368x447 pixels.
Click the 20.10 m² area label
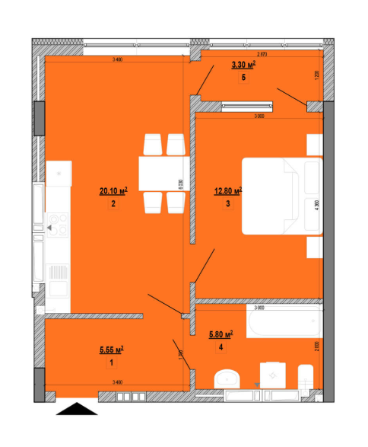coord(112,192)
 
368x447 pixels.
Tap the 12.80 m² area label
coord(227,191)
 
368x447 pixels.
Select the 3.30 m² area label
coord(243,66)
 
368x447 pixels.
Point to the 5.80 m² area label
coord(220,334)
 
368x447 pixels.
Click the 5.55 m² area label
coord(111,350)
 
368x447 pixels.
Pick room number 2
coord(112,204)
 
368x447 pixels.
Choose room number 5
coord(243,78)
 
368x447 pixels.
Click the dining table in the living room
coord(163,174)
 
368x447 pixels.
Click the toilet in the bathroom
coord(306,376)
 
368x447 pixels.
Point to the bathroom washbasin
coord(227,378)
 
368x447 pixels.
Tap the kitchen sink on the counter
coord(57,272)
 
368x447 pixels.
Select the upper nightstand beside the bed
coord(315,145)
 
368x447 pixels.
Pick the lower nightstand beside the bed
coord(315,247)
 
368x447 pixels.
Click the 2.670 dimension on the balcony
coord(262,54)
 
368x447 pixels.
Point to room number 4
coord(220,347)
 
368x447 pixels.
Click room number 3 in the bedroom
coord(227,203)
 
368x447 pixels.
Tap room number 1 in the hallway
coord(111,362)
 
